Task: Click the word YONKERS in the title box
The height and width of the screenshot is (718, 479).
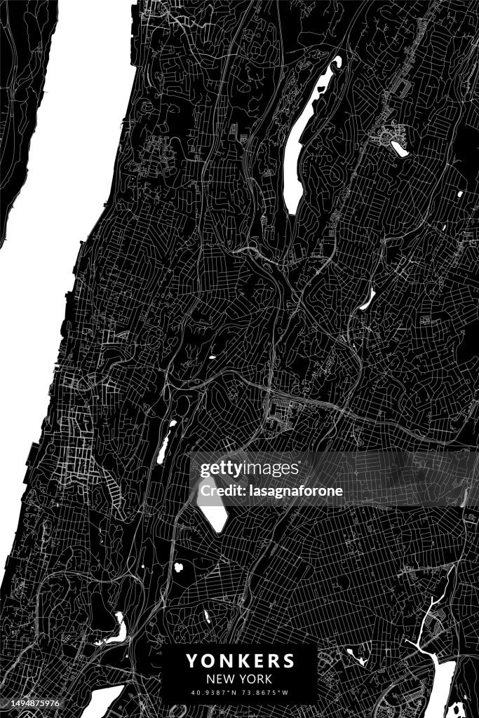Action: pyautogui.click(x=240, y=661)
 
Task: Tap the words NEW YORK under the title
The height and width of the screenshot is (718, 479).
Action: pyautogui.click(x=240, y=679)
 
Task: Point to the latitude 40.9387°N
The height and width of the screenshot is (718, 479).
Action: pyautogui.click(x=215, y=694)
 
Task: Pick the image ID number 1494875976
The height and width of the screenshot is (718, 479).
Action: pyautogui.click(x=29, y=703)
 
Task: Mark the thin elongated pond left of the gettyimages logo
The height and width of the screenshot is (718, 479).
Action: pyautogui.click(x=166, y=442)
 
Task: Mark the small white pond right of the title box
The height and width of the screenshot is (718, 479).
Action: pyautogui.click(x=358, y=657)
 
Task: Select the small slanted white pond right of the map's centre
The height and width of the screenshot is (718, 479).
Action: pyautogui.click(x=367, y=299)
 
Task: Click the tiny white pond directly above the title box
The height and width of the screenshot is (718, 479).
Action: pyautogui.click(x=207, y=617)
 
